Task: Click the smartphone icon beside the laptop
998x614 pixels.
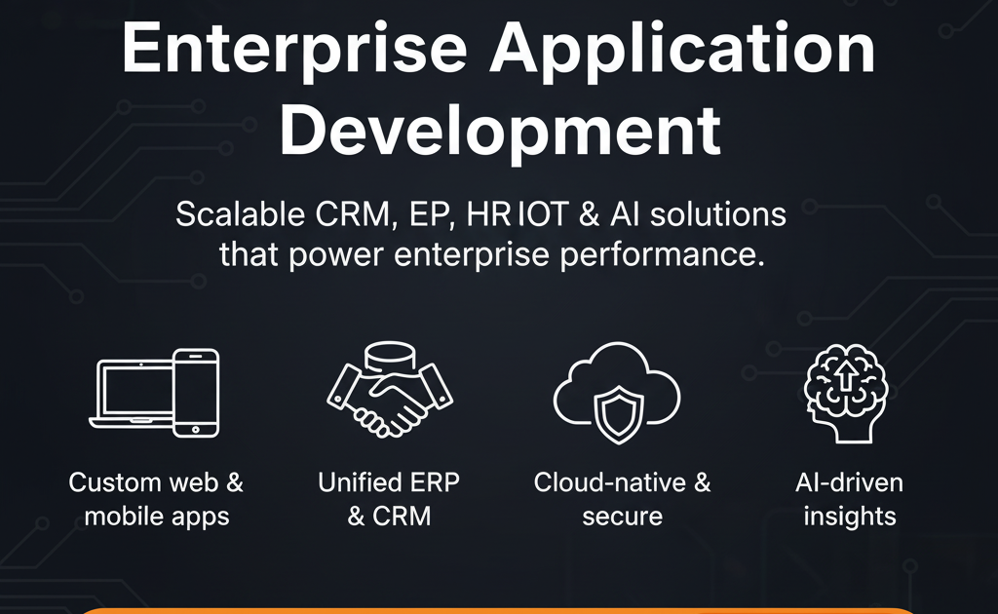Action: (x=196, y=392)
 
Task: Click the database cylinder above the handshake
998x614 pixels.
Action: (x=382, y=359)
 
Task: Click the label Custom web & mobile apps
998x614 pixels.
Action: (x=156, y=498)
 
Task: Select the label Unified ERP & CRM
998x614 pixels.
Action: (x=388, y=498)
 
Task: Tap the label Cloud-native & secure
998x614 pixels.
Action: (x=622, y=498)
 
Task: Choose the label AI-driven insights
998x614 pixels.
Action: (x=849, y=498)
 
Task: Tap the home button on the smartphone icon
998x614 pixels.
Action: (x=196, y=429)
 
